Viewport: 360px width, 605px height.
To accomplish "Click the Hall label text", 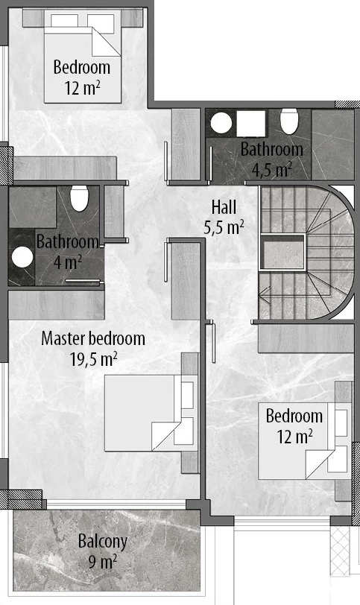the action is point(224,207).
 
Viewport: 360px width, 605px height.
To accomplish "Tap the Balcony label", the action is point(103,542).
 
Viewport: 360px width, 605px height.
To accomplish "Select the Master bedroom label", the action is point(93,338).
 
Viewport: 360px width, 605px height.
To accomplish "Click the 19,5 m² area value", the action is point(94,359).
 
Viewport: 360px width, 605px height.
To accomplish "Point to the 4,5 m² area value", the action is point(271,169).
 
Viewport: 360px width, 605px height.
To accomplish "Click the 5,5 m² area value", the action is point(224,228).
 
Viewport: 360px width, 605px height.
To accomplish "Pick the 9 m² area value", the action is point(103,561).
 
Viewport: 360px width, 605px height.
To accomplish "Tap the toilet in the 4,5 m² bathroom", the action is point(289,121).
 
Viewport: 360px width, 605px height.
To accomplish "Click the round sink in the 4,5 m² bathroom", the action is point(221,123).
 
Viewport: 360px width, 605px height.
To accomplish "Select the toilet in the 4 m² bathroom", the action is point(80,198).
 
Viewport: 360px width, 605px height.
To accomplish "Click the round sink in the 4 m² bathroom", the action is point(22,257).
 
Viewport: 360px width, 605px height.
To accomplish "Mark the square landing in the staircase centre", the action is point(283,253).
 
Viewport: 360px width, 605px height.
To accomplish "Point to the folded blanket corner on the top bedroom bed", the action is point(106,42).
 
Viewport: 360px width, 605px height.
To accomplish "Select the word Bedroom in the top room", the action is point(82,67).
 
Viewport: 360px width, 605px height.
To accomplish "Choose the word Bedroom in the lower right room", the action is point(294,416).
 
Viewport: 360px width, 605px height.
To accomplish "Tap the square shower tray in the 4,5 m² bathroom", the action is point(250,124).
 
